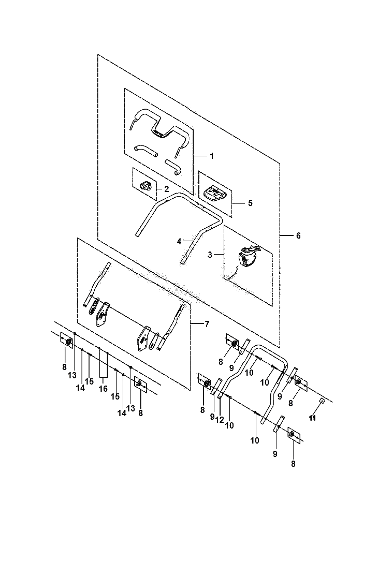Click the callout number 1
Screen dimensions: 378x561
click(x=212, y=156)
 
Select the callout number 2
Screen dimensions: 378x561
click(x=166, y=189)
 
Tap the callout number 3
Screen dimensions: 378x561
click(x=210, y=255)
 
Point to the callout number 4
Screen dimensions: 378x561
click(x=179, y=242)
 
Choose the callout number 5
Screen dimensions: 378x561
click(x=250, y=203)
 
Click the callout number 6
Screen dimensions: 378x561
click(x=298, y=235)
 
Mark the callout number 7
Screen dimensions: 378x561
click(x=207, y=324)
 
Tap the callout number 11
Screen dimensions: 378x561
click(x=312, y=418)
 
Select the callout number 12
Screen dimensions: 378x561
click(x=220, y=420)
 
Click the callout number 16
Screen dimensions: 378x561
click(x=103, y=389)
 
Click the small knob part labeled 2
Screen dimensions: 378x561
click(x=146, y=185)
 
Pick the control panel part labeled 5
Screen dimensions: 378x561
click(x=214, y=194)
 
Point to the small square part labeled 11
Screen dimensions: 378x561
click(x=322, y=401)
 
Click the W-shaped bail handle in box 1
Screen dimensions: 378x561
click(x=158, y=128)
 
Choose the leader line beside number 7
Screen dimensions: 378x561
click(x=197, y=324)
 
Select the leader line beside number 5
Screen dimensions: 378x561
click(x=238, y=203)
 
